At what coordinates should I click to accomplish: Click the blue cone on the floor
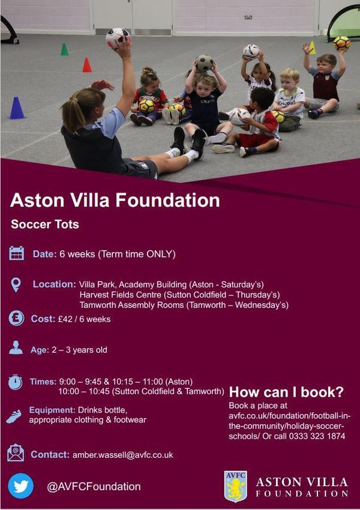pyautogui.click(x=17, y=108)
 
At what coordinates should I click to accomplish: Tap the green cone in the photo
pyautogui.click(x=64, y=49)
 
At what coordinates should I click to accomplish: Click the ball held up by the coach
pyautogui.click(x=118, y=38)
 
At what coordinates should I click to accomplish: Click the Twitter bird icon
pyautogui.click(x=20, y=485)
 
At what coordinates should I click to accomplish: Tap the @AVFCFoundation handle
pyautogui.click(x=94, y=487)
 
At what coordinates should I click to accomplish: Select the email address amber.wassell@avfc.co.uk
pyautogui.click(x=122, y=455)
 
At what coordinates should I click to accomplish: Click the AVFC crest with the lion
pyautogui.click(x=235, y=486)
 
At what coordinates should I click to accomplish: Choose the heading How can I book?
pyautogui.click(x=286, y=392)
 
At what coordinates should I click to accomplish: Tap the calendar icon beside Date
pyautogui.click(x=17, y=253)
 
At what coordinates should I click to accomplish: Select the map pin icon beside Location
pyautogui.click(x=16, y=285)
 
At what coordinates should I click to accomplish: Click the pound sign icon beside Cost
pyautogui.click(x=16, y=318)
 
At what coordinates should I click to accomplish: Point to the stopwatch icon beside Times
pyautogui.click(x=15, y=382)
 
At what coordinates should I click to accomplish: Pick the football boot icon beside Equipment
pyautogui.click(x=14, y=416)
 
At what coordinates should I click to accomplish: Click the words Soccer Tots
pyautogui.click(x=45, y=224)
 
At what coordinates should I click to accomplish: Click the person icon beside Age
pyautogui.click(x=16, y=347)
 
